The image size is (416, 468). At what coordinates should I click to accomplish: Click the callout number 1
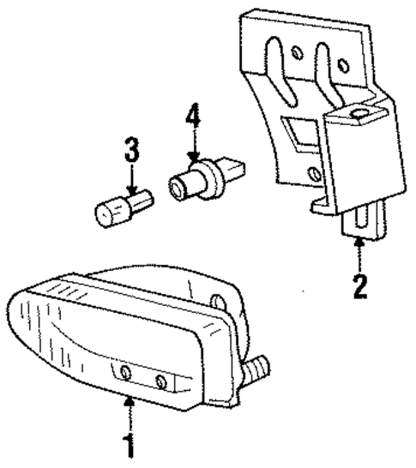click(x=129, y=446)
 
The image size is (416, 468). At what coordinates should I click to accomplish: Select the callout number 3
click(x=130, y=154)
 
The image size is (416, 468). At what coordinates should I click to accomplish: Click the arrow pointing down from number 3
click(x=130, y=181)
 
